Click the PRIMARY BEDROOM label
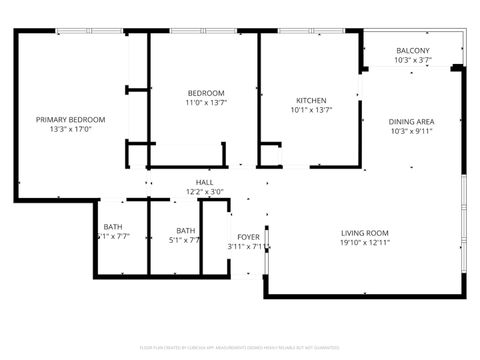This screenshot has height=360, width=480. point(70,120)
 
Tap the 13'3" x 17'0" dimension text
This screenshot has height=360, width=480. point(70,129)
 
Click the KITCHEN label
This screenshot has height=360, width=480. point(311,101)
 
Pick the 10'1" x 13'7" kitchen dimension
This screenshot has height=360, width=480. point(311,110)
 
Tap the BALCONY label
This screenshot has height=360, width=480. point(412,51)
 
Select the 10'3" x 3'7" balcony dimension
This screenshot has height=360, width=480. point(412,61)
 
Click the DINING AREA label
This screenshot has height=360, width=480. point(411,122)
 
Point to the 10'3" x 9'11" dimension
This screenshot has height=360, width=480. point(411,131)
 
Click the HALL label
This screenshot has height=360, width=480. point(204,182)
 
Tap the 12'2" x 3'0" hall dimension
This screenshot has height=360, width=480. point(204,191)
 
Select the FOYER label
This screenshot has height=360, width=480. point(248,237)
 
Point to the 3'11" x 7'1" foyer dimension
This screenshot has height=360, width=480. point(245,247)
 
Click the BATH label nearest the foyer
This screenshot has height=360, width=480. point(186,231)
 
